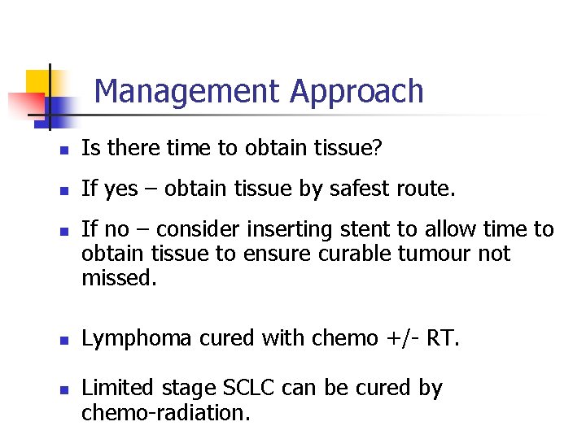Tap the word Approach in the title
coord(356,91)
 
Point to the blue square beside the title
coord(61,107)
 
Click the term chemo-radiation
coord(166,412)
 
